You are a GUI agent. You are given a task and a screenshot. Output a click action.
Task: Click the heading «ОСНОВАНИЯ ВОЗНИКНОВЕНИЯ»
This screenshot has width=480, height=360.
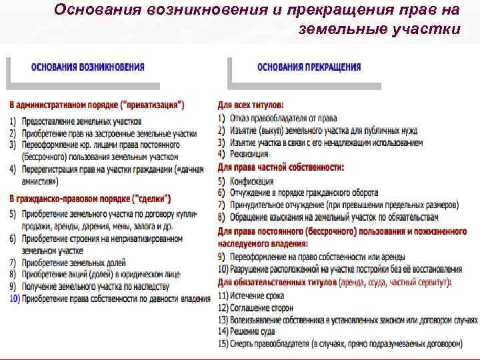[x=88, y=67]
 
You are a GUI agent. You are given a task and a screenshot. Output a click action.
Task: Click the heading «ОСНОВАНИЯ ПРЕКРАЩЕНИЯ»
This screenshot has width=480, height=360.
[x=309, y=67]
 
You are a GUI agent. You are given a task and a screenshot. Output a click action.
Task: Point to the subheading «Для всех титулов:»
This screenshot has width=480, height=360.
[x=251, y=105]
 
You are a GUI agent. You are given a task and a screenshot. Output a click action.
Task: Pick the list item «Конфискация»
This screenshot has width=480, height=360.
[x=252, y=180]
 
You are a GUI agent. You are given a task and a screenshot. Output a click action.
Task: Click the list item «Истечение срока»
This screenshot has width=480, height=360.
[x=257, y=295]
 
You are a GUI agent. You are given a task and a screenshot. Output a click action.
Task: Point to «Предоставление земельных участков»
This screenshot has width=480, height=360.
[x=82, y=121]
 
